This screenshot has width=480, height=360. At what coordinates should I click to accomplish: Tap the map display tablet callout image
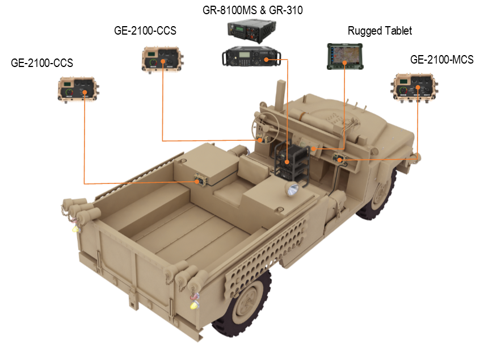tap(345, 56)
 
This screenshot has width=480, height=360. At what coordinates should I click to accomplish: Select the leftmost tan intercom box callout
tap(79, 89)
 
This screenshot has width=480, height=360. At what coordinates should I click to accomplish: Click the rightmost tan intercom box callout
tap(415, 87)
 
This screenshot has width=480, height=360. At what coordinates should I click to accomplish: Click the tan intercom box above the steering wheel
tap(162, 59)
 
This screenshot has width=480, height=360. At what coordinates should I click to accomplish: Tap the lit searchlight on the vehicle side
tap(293, 189)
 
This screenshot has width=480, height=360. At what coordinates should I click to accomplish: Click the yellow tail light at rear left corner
tap(74, 228)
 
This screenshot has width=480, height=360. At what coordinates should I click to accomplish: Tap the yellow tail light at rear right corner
tap(195, 305)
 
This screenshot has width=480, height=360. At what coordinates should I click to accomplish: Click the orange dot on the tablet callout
tap(345, 65)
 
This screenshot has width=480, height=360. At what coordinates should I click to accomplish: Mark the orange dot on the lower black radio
tap(266, 58)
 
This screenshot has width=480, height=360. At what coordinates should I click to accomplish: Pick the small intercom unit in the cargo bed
tap(200, 181)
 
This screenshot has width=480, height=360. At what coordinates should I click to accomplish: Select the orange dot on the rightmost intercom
tap(418, 88)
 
